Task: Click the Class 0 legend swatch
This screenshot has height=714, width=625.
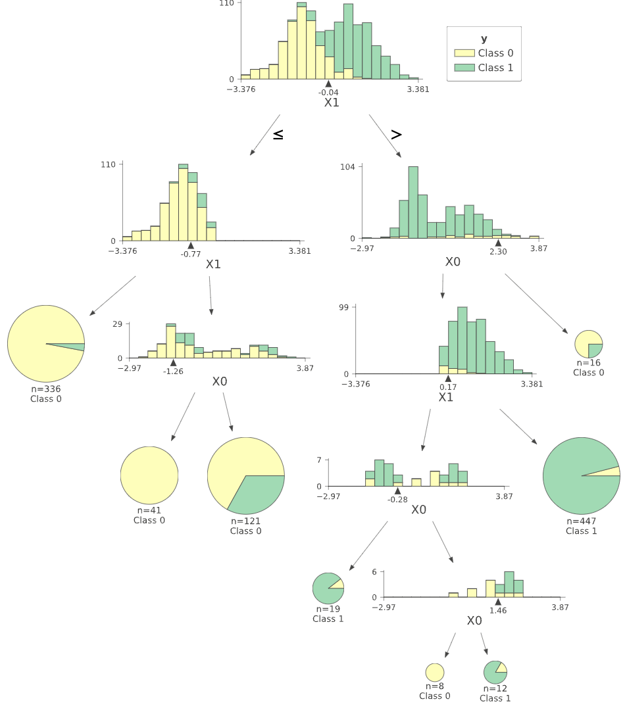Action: (x=464, y=53)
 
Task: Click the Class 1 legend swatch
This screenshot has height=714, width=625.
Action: (x=464, y=68)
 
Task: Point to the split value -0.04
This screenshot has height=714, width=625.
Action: (x=328, y=92)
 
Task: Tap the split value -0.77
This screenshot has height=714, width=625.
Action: (x=191, y=254)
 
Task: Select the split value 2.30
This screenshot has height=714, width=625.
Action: (x=498, y=251)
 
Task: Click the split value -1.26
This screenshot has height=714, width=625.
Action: (x=173, y=371)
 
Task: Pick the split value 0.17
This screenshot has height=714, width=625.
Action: (x=448, y=387)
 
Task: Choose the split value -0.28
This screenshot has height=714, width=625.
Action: (x=397, y=500)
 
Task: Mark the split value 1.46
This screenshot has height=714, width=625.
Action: (x=498, y=611)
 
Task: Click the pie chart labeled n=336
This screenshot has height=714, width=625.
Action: (x=46, y=343)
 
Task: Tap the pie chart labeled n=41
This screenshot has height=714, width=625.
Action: (x=149, y=475)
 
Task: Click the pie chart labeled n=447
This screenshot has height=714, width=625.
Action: (x=582, y=475)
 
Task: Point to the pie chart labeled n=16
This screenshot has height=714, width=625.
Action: (x=589, y=344)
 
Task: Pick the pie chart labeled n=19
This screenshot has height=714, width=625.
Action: (x=328, y=588)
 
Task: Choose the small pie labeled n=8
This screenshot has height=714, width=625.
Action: (x=435, y=673)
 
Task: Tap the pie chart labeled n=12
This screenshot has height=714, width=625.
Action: (x=495, y=673)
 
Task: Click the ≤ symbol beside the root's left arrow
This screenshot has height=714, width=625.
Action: (x=278, y=134)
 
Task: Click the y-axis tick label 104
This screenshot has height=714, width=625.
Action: (x=347, y=167)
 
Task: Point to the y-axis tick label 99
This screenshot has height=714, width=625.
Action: (x=349, y=307)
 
